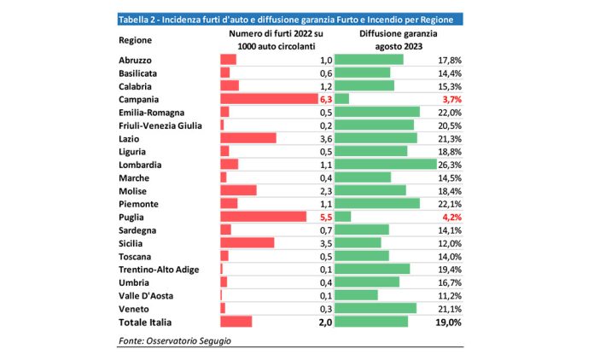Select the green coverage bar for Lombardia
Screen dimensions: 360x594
(385, 164)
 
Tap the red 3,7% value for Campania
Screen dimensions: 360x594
(450, 99)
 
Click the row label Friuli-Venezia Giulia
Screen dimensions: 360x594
(159, 125)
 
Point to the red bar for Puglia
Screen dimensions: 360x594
(263, 217)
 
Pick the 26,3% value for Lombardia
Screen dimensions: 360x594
(450, 164)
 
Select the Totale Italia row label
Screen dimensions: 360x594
(145, 322)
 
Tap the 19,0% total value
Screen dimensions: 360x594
(449, 322)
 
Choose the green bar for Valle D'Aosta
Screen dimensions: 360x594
(356, 295)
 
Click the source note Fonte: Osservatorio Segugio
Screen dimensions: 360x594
(174, 341)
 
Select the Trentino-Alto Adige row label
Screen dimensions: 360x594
(159, 269)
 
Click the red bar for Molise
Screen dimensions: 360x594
(238, 190)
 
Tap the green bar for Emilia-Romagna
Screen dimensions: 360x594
(377, 112)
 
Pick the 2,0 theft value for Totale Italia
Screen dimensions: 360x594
(324, 322)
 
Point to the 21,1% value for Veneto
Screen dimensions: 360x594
(450, 308)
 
